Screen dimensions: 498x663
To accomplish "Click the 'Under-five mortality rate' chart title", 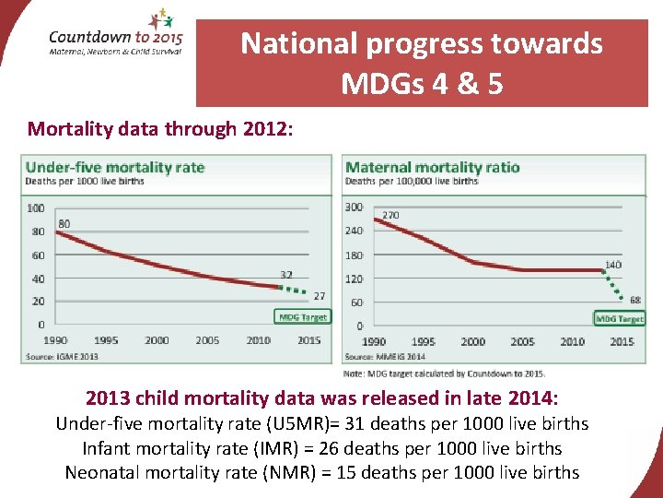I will coord(115,167).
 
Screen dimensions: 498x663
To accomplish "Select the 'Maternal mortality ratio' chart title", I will coord(432,167).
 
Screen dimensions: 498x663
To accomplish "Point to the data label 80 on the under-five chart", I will coord(64,224).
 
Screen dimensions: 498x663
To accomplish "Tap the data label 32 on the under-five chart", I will coord(286,274).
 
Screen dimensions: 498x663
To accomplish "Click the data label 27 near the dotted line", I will coord(320,296).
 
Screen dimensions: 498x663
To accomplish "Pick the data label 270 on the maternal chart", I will coord(390,215).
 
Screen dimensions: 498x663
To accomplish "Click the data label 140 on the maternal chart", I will coord(612,265).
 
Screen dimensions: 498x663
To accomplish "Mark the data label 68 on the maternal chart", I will coord(635,300).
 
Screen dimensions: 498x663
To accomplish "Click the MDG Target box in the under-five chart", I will coord(302,317).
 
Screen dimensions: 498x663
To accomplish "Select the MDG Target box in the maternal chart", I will coord(620,319).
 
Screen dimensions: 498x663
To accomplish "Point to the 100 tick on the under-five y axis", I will coord(35,207).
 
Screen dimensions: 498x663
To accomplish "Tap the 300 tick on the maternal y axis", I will coord(354,207).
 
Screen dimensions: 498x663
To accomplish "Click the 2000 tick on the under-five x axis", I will coord(157,340).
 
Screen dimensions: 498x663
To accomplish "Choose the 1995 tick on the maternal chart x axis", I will coord(424,341).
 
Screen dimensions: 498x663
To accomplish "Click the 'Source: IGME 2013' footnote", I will coord(63,356).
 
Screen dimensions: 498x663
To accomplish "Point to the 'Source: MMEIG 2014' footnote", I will coord(385,357).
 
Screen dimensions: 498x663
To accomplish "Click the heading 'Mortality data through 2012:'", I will coord(160,129).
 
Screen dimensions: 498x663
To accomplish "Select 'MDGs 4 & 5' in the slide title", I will coord(422,84).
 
